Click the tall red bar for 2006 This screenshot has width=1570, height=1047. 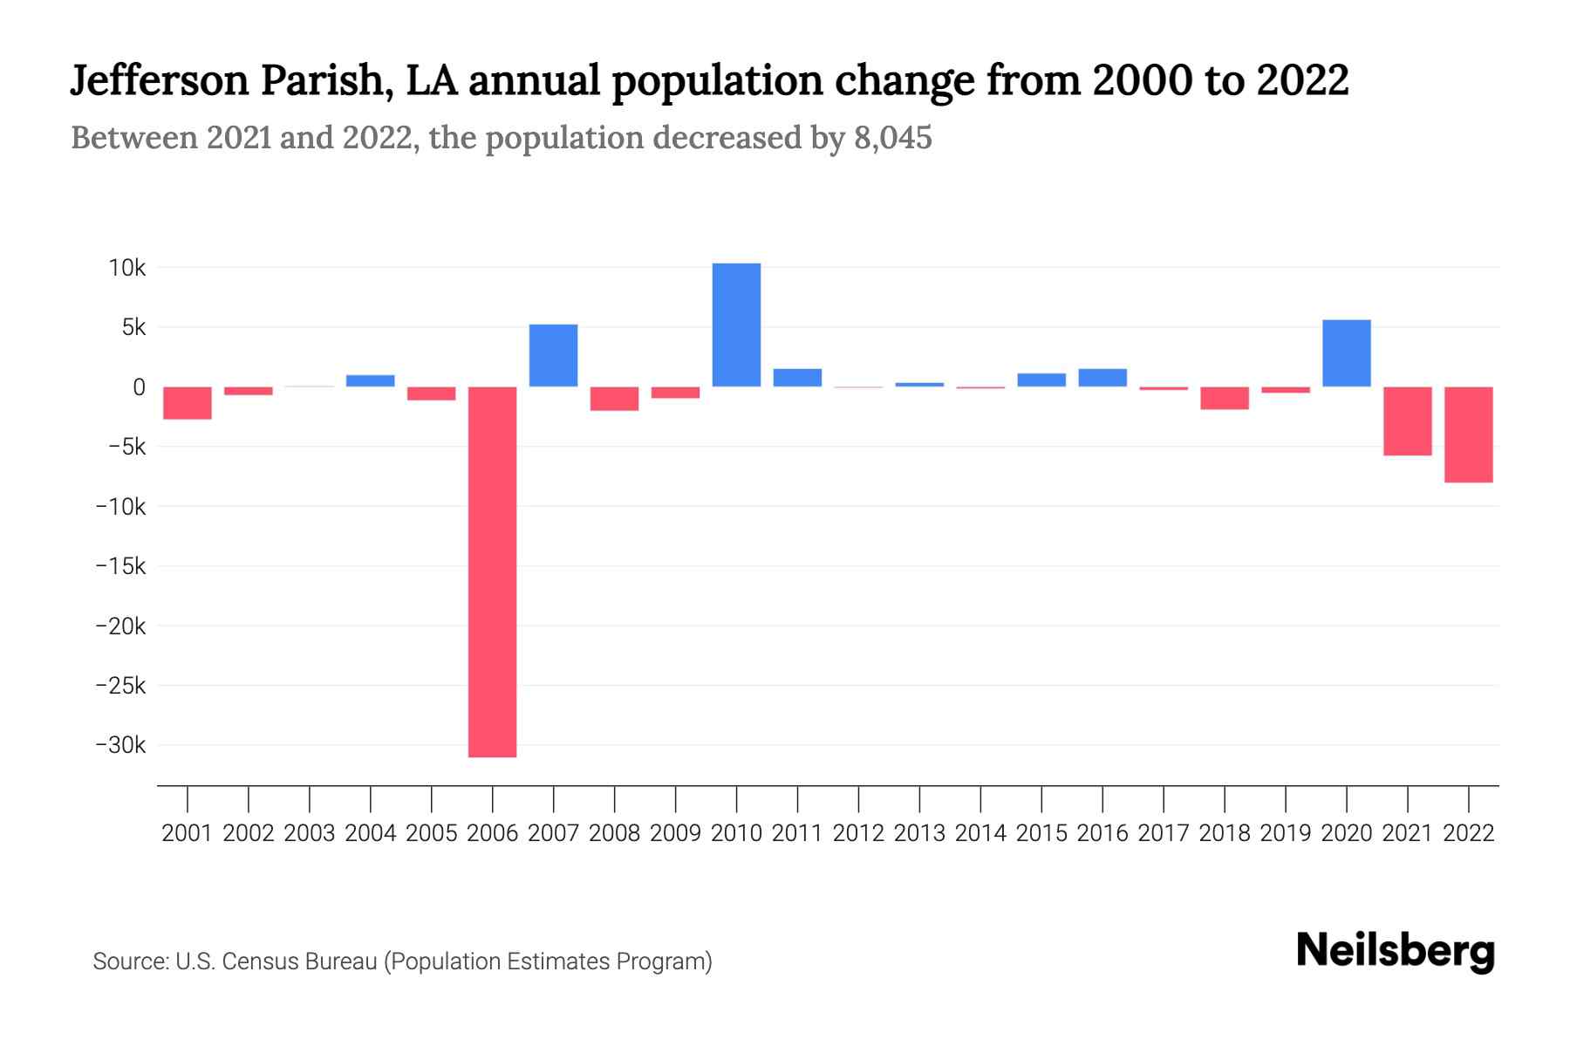[x=492, y=571]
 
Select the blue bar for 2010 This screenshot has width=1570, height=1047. [x=736, y=325]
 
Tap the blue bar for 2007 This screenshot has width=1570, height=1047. [x=553, y=355]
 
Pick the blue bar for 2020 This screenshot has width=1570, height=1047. [x=1346, y=353]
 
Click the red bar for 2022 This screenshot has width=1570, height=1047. [x=1468, y=435]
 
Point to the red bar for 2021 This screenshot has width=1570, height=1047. [x=1407, y=421]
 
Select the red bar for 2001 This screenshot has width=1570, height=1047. [x=188, y=403]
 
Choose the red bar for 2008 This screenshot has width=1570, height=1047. [x=614, y=399]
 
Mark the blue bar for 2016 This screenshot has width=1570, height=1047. [x=1102, y=378]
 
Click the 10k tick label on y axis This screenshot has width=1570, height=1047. [x=126, y=268]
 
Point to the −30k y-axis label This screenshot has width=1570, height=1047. [x=120, y=746]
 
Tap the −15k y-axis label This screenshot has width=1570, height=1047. [x=120, y=567]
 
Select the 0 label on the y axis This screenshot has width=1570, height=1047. [x=139, y=387]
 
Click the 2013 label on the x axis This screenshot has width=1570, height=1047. [x=919, y=833]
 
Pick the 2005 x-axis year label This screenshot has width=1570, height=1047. [x=431, y=833]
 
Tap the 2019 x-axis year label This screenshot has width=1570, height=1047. [x=1285, y=833]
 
